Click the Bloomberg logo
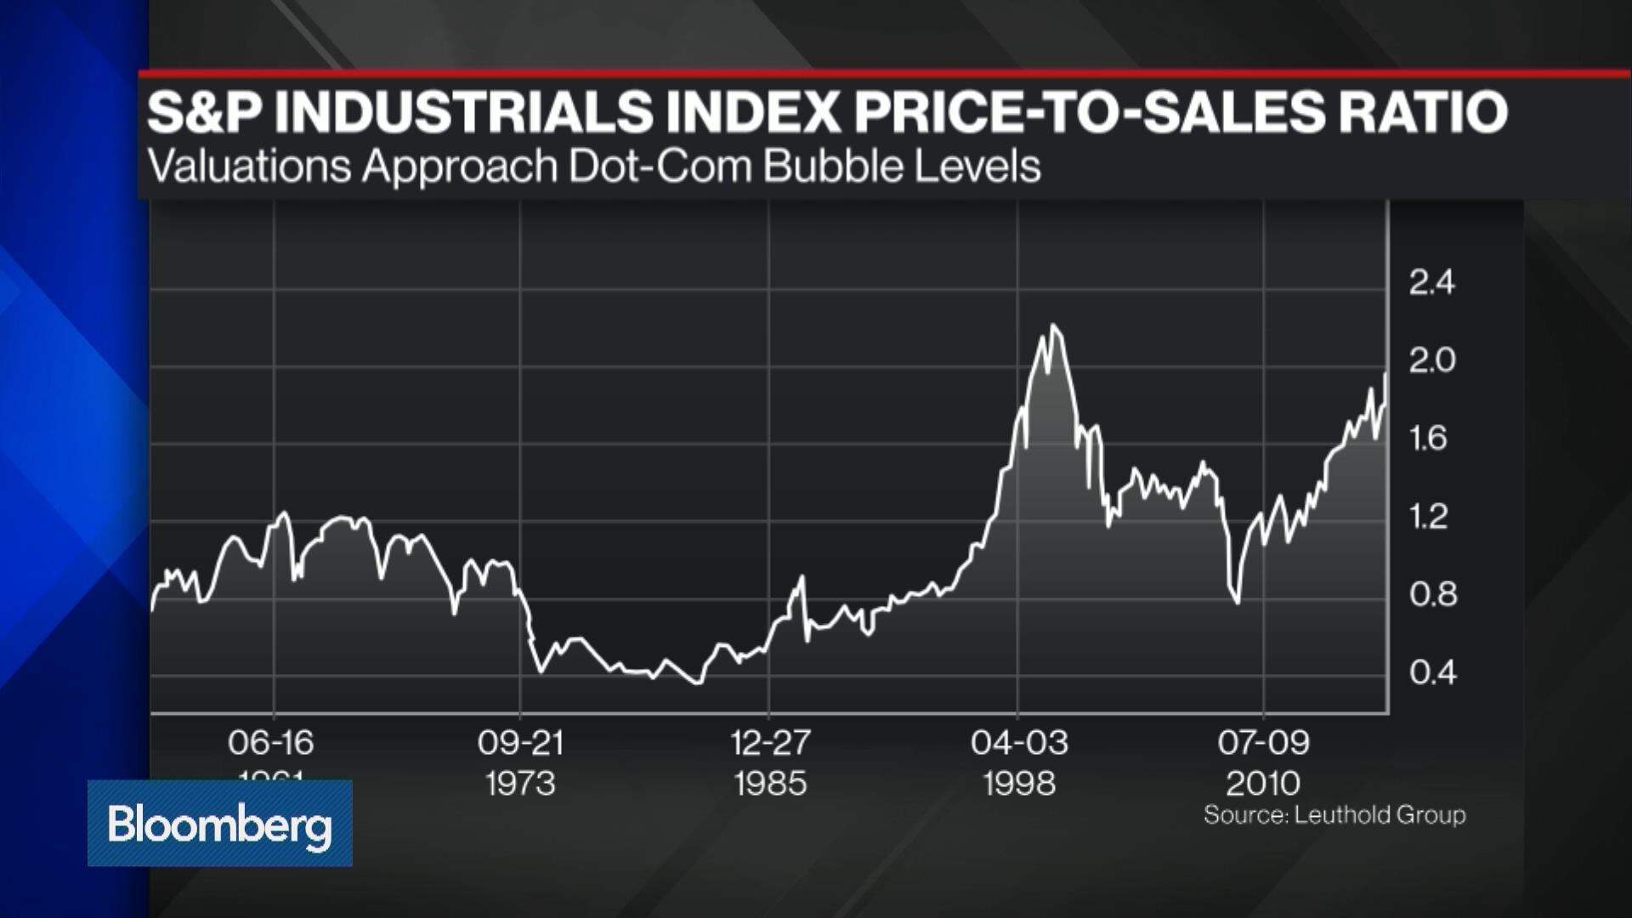(219, 824)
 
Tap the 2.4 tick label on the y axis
(1431, 282)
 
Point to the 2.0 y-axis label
(1431, 360)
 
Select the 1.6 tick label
(1428, 439)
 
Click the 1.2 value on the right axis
(1428, 517)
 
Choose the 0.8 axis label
(1432, 594)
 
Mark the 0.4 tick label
(1432, 672)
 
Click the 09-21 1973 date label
(520, 762)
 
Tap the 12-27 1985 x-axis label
(770, 762)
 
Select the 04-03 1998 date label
(1019, 762)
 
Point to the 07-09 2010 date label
(1264, 762)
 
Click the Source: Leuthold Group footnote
(1334, 815)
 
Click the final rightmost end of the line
(1386, 373)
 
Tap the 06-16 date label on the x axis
(271, 743)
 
